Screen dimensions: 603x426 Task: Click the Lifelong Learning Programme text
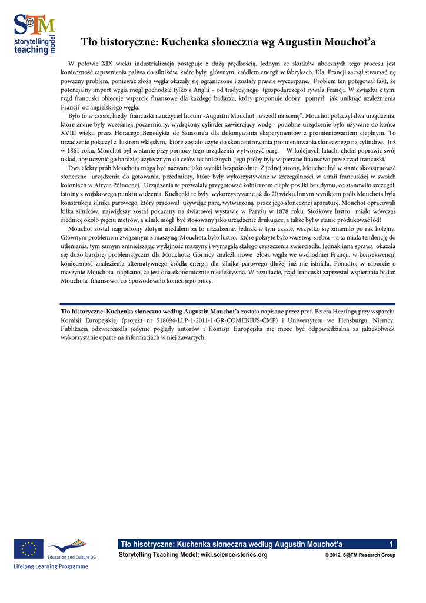click(x=51, y=567)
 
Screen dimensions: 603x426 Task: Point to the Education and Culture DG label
click(x=72, y=556)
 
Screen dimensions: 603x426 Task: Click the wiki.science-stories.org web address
click(x=234, y=555)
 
